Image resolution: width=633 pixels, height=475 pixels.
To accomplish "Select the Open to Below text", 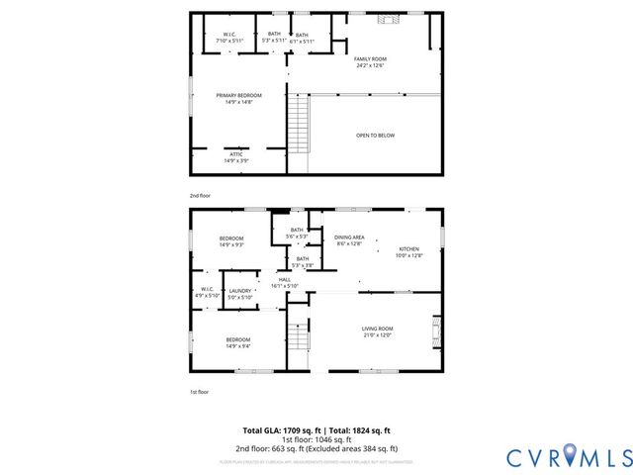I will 375,135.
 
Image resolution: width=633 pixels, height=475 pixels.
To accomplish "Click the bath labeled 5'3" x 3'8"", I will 302,262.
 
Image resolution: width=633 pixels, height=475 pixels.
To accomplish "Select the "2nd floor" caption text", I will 200,196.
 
